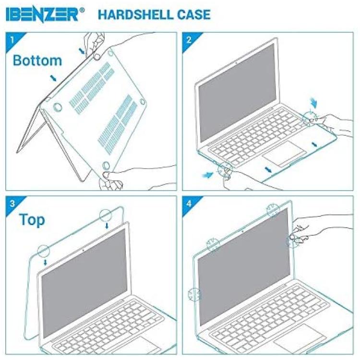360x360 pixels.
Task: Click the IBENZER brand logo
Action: pyautogui.click(x=42, y=15)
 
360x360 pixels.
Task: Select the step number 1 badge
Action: pyautogui.click(x=13, y=40)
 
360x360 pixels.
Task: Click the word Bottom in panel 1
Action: pyautogui.click(x=37, y=60)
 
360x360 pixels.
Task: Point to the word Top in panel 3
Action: pyautogui.click(x=32, y=220)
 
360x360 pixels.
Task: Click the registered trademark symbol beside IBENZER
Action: pyautogui.click(x=82, y=11)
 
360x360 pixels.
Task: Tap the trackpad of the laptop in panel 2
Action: pyautogui.click(x=284, y=152)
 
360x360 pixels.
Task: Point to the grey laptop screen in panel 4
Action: pyautogui.click(x=244, y=266)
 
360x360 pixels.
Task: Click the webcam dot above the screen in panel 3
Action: pyautogui.click(x=83, y=250)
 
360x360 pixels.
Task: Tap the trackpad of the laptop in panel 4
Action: pyautogui.click(x=300, y=336)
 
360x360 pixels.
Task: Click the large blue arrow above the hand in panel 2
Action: pyautogui.click(x=313, y=103)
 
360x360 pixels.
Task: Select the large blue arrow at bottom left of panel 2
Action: pyautogui.click(x=208, y=175)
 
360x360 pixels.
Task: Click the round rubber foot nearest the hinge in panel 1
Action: pyautogui.click(x=57, y=107)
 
